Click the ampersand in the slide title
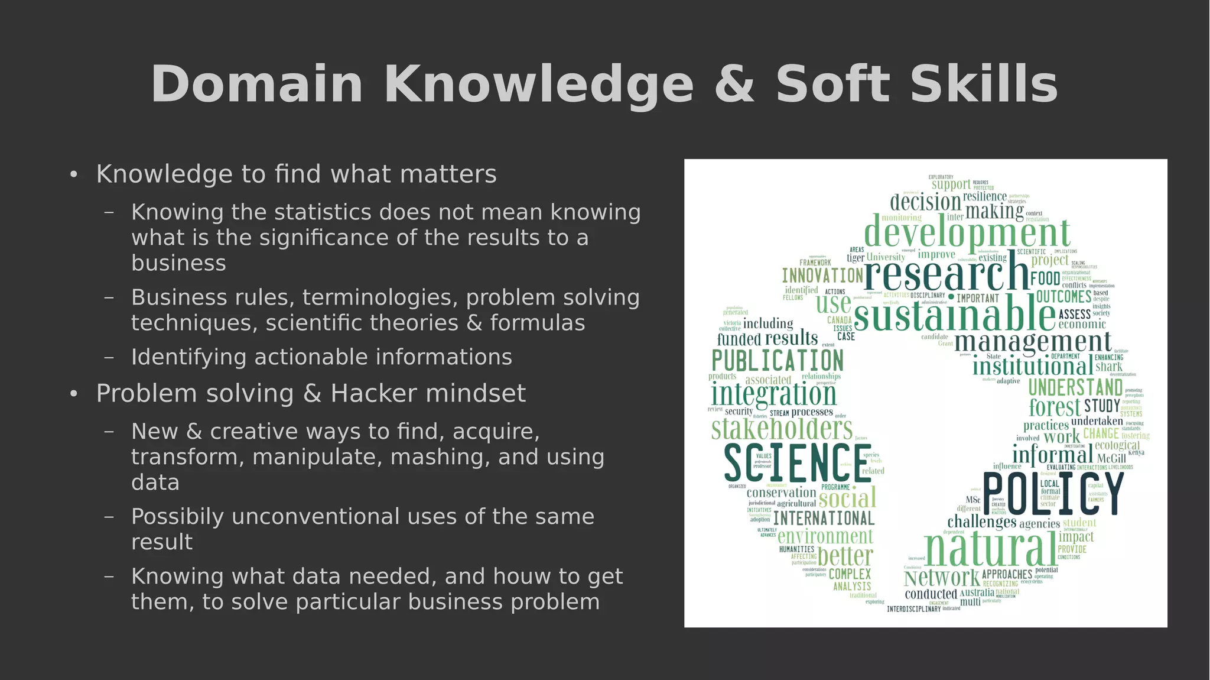[x=734, y=85]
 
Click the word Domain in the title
[x=256, y=85]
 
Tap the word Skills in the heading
[x=984, y=85]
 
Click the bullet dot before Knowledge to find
[x=73, y=174]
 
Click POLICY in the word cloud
[x=1053, y=494]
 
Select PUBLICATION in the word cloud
[x=778, y=361]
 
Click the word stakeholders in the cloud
[x=782, y=429]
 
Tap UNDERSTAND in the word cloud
[x=1075, y=388]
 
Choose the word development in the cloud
[x=967, y=232]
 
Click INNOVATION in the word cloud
[x=822, y=276]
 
